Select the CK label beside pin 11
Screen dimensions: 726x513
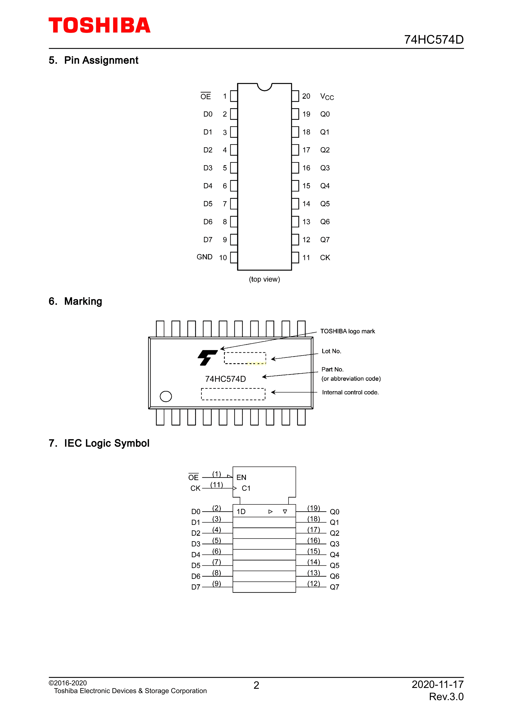tap(325, 258)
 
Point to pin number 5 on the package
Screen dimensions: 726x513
tap(225, 168)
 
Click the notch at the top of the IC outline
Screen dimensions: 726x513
tap(265, 87)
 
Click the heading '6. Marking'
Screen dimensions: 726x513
tap(75, 301)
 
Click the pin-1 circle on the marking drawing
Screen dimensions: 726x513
tap(166, 396)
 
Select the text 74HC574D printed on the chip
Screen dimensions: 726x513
tap(225, 379)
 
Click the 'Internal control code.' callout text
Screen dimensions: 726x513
tap(350, 392)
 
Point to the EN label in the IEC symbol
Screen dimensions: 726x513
tap(241, 478)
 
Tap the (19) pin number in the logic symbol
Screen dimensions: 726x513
tap(314, 508)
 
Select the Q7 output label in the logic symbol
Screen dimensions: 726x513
tap(334, 587)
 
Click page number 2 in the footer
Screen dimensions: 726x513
tap(256, 685)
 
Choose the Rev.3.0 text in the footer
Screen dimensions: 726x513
tap(446, 697)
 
